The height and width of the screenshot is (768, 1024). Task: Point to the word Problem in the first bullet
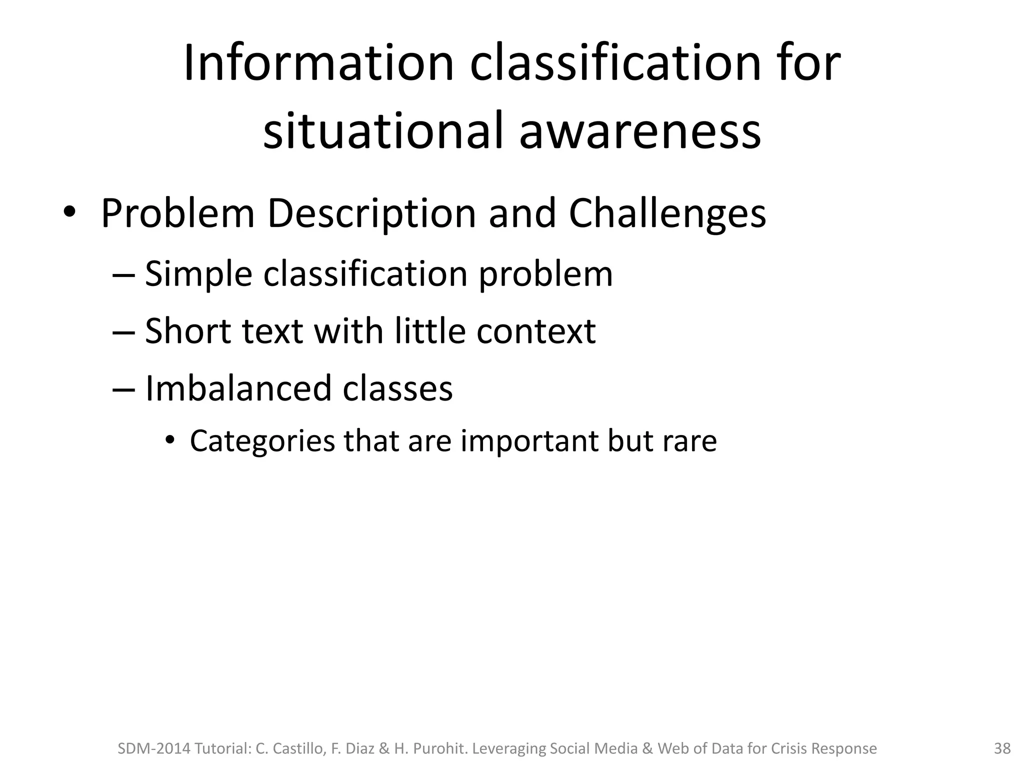pyautogui.click(x=178, y=214)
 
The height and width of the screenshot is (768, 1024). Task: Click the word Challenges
pyautogui.click(x=667, y=214)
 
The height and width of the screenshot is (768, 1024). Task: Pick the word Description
pyautogui.click(x=372, y=214)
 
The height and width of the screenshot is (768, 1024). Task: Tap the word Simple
pyautogui.click(x=198, y=274)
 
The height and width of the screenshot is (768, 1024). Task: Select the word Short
pyautogui.click(x=188, y=331)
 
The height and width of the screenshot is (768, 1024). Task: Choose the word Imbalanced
pyautogui.click(x=238, y=388)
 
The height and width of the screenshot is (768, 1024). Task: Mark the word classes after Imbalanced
pyautogui.click(x=397, y=388)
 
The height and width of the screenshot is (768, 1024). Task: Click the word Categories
pyautogui.click(x=262, y=441)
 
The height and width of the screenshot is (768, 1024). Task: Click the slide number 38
pyautogui.click(x=1002, y=748)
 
